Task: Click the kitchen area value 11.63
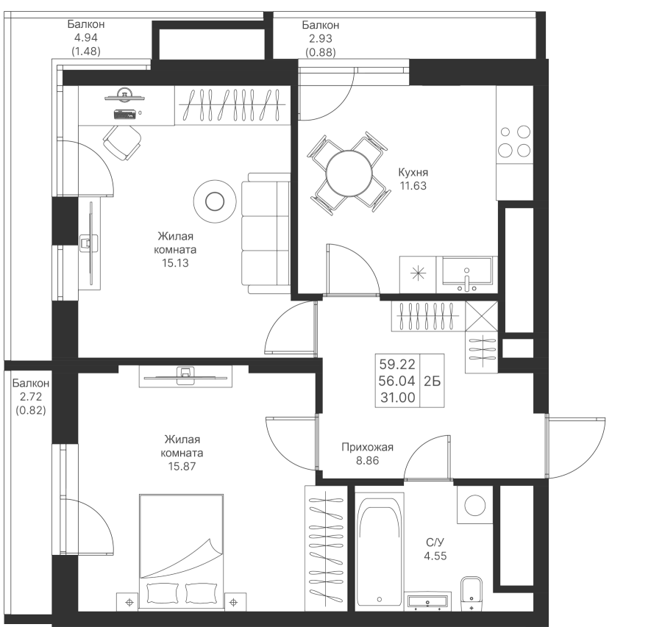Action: pos(413,186)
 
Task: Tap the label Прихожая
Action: pos(368,447)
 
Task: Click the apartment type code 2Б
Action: pos(433,381)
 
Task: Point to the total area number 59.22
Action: pos(396,364)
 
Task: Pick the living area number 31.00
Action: pos(396,398)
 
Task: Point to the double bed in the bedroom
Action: pos(180,548)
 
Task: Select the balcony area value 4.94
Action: pos(86,39)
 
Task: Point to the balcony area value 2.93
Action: pos(321,39)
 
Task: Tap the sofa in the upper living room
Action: pos(267,233)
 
